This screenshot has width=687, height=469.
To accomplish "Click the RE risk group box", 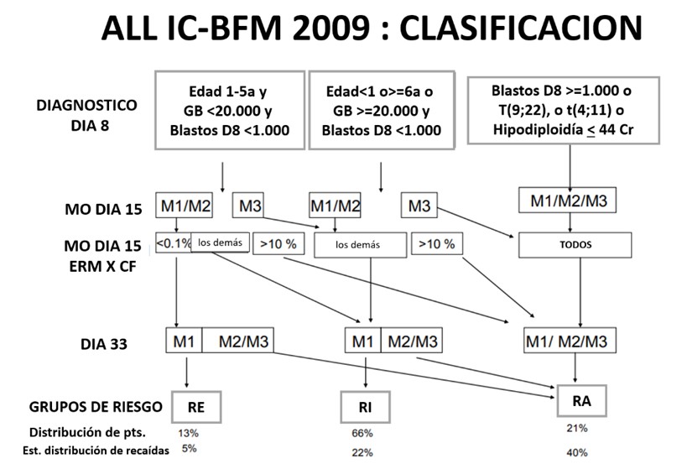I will click(x=194, y=408).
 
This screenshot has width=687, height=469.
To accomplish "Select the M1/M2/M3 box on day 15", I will click(x=570, y=200).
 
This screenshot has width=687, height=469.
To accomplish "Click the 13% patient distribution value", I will click(x=189, y=434).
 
